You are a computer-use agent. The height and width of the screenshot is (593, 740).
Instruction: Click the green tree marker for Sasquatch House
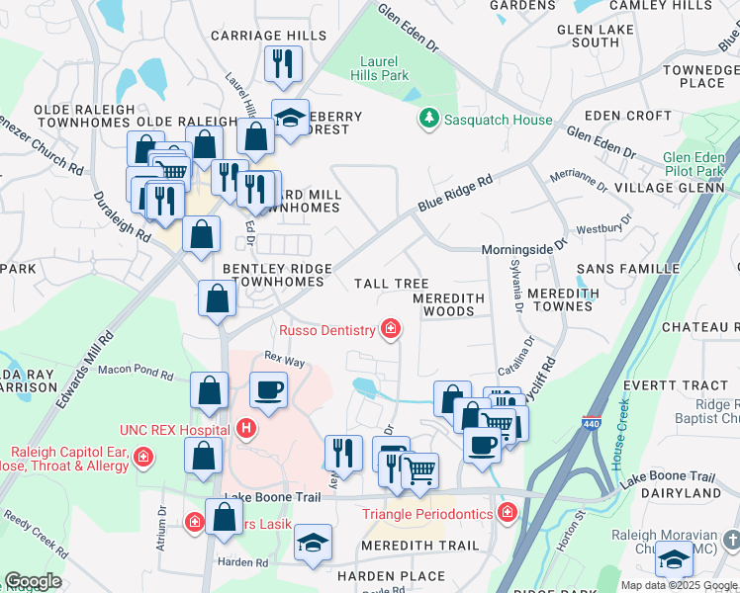click(x=428, y=120)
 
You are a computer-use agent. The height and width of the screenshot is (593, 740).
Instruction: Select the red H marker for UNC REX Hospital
click(x=246, y=430)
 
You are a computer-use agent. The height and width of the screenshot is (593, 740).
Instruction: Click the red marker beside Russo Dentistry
click(x=392, y=329)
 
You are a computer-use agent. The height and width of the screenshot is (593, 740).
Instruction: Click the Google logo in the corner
click(x=33, y=581)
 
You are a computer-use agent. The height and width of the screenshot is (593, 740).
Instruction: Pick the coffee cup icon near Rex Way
click(x=268, y=389)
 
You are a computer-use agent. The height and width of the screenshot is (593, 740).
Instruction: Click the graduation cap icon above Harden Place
click(x=313, y=543)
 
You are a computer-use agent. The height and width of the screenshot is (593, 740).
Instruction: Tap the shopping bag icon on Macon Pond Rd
click(x=210, y=391)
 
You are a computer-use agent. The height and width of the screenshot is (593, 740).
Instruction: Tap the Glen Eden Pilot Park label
click(x=694, y=164)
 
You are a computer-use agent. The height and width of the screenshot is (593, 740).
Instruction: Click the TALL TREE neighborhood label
click(x=392, y=284)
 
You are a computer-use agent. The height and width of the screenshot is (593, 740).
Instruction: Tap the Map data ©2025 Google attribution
click(x=679, y=584)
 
